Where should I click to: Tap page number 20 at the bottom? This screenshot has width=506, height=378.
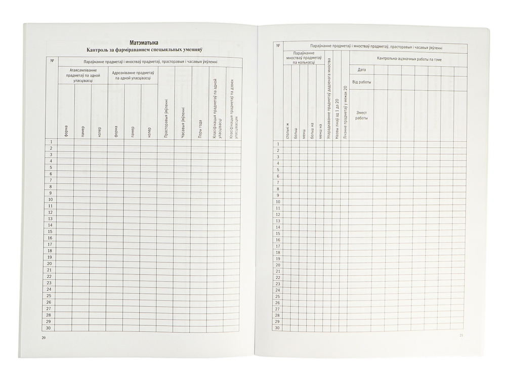pyautogui.click(x=44, y=338)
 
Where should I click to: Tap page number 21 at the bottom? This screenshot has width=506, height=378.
pyautogui.click(x=461, y=336)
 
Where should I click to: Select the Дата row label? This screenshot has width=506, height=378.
pyautogui.click(x=361, y=69)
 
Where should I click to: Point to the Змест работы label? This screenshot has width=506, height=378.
pyautogui.click(x=361, y=115)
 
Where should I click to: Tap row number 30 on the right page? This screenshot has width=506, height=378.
pyautogui.click(x=277, y=327)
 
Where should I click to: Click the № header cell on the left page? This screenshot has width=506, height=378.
pyautogui.click(x=52, y=61)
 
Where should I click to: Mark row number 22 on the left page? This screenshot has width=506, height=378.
pyautogui.click(x=50, y=276)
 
